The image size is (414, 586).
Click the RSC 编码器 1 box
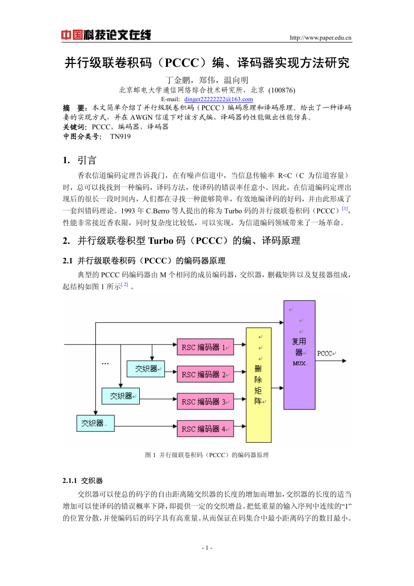[x=205, y=347]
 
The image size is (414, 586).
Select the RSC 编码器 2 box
[x=205, y=374]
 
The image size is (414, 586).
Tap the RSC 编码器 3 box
[x=205, y=401]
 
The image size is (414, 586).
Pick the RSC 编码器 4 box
[x=205, y=429]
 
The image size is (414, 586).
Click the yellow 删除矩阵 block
[x=259, y=385]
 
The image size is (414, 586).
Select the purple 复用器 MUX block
[x=300, y=355]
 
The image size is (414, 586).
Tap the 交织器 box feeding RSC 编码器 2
[x=145, y=369]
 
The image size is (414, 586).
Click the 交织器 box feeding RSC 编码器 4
[x=95, y=423]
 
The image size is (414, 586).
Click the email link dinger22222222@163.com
[x=218, y=99]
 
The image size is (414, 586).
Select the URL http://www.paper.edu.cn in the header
[x=321, y=38]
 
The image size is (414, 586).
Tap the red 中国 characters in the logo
[x=72, y=35]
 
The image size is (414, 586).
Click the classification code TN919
[x=120, y=136]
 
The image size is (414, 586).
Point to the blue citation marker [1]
[x=345, y=209]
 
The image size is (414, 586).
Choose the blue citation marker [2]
[x=124, y=284]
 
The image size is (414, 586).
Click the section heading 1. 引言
[x=80, y=160]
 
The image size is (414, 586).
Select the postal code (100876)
[x=282, y=90]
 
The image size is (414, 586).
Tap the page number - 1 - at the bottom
[x=207, y=548]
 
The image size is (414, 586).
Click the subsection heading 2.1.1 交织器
[x=83, y=481]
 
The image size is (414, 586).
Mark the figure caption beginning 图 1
[x=207, y=455]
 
